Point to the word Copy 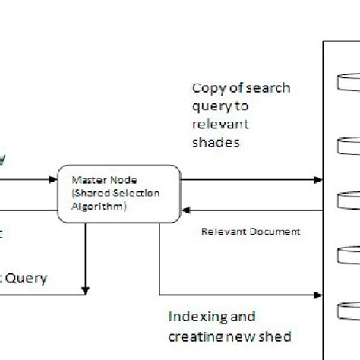tap(206, 87)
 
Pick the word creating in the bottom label tap(198, 335)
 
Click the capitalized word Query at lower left tap(27, 278)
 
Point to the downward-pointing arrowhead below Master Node tap(87, 289)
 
